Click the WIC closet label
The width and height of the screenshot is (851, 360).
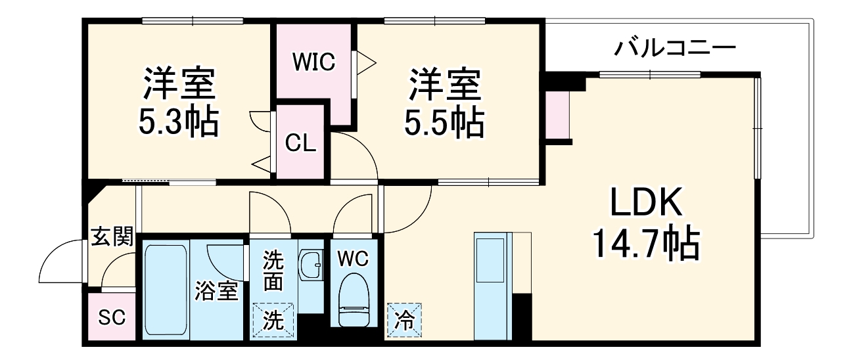tap(314, 62)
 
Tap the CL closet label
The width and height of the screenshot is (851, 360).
tap(300, 143)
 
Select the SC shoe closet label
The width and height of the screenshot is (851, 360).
tap(112, 317)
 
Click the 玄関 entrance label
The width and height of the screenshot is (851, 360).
tap(112, 236)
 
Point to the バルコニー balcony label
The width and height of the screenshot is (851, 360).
tap(675, 49)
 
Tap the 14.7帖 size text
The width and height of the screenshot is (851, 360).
tap(646, 243)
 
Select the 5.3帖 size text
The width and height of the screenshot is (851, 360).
tap(179, 122)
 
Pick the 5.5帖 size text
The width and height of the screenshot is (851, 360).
tap(444, 122)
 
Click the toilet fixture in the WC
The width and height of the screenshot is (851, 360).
tap(354, 300)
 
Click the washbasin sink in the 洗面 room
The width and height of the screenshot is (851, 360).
tap(311, 265)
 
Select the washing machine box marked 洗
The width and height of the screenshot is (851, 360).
tap(273, 320)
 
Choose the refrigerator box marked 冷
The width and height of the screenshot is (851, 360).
tap(404, 320)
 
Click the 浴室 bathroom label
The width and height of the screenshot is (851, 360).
tap(216, 291)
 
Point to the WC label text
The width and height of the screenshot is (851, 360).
tap(354, 259)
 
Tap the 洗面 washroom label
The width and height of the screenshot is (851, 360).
tap(273, 271)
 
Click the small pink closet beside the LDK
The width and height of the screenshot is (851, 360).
tap(557, 115)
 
